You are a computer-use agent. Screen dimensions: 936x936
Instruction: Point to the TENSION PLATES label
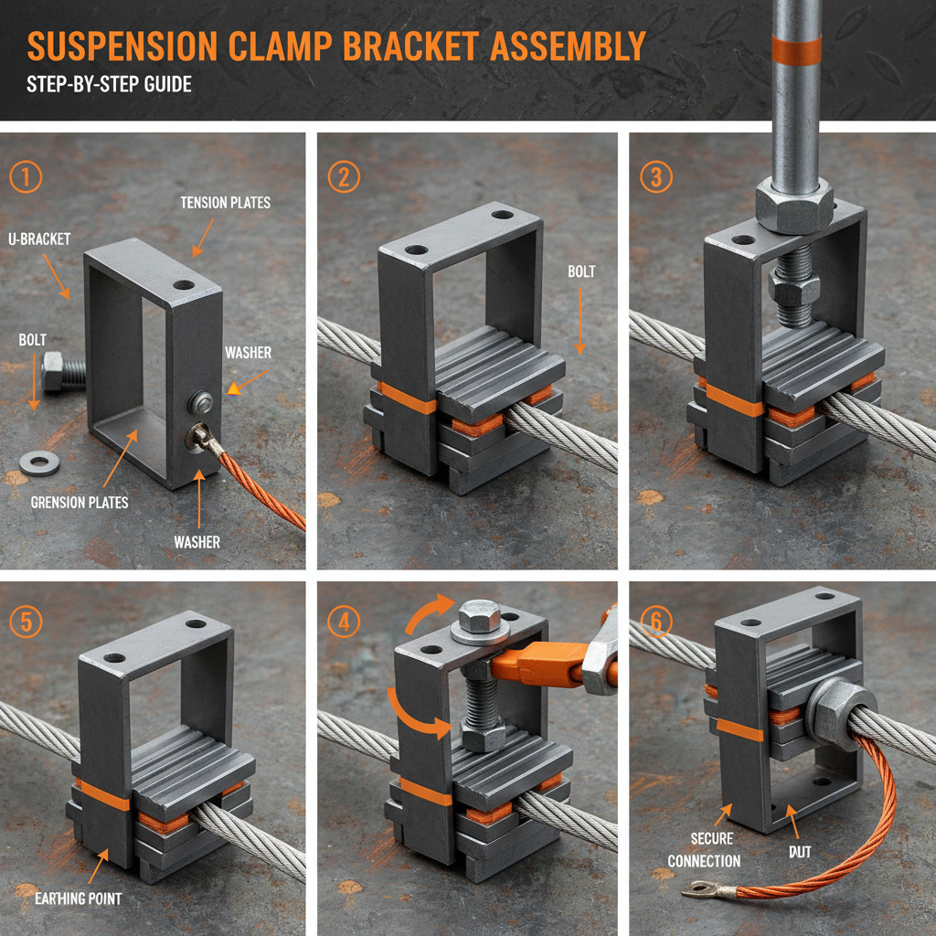pyautogui.click(x=226, y=202)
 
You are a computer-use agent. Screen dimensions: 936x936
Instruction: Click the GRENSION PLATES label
pyautogui.click(x=80, y=502)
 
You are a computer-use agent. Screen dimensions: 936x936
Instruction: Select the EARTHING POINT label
pyautogui.click(x=78, y=899)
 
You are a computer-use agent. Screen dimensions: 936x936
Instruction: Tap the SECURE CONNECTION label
pyautogui.click(x=704, y=850)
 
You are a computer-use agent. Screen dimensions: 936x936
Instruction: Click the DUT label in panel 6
pyautogui.click(x=800, y=852)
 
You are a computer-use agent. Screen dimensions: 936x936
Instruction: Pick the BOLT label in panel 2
pyautogui.click(x=581, y=271)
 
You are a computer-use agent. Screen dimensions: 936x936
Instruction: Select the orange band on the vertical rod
pyautogui.click(x=795, y=50)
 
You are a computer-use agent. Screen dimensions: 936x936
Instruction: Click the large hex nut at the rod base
pyautogui.click(x=794, y=206)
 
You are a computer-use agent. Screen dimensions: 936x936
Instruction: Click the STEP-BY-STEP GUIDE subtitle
pyautogui.click(x=109, y=84)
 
